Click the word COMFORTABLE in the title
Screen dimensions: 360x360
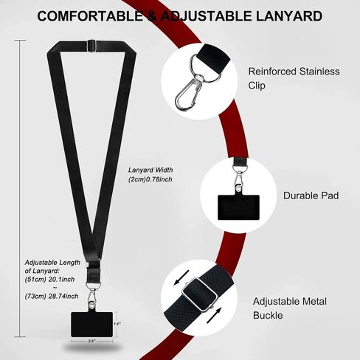90,16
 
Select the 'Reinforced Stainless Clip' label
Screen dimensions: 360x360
294,78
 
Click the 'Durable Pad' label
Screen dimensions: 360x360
311,195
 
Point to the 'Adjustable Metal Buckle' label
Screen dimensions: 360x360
290,308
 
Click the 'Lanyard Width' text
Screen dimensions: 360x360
150,170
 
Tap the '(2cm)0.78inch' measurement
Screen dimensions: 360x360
150,179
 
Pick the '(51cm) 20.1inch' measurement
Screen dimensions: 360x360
49,280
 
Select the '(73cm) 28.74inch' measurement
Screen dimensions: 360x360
52,297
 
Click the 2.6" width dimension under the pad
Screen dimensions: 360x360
91,341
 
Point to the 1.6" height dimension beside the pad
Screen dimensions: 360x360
117,324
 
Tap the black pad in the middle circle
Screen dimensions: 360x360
238,207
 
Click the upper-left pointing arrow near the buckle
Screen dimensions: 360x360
181,277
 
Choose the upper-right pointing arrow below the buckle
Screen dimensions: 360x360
214,316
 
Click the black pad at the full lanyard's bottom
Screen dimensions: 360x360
92,325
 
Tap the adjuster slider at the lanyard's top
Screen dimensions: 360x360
91,46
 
